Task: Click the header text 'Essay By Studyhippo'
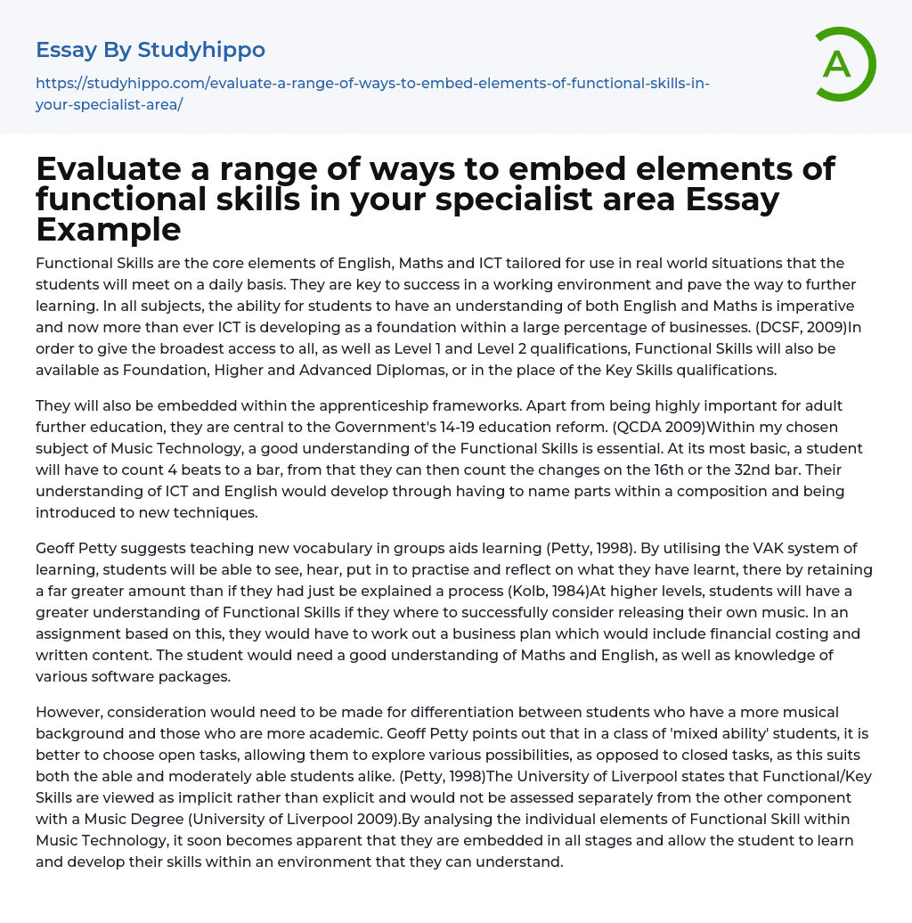tap(151, 49)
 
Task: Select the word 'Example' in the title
tap(109, 229)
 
